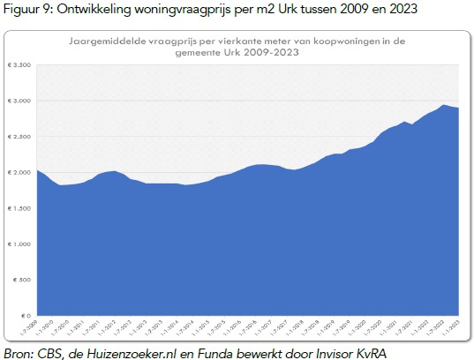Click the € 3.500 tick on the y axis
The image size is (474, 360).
pos(20,64)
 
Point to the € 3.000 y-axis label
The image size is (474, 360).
pos(20,101)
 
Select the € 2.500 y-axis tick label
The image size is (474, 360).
pos(20,136)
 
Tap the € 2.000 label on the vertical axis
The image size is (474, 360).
pos(20,172)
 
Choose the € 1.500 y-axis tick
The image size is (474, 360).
pos(20,207)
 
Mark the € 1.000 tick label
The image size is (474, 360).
pos(20,244)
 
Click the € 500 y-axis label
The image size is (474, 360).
pos(23,279)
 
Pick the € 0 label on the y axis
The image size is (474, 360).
pos(26,315)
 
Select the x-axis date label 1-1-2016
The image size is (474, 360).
pos(242,328)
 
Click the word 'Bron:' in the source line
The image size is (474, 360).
pos(19,352)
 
